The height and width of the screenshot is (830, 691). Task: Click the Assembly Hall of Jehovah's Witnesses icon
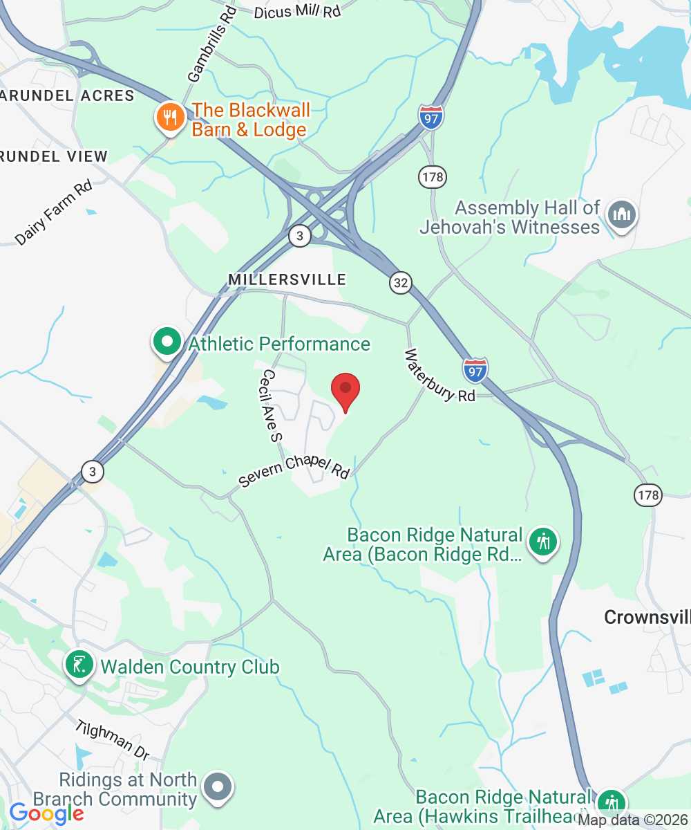[x=621, y=216]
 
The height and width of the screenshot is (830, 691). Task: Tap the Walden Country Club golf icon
[x=79, y=666]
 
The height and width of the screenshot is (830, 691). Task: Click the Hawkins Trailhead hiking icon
[x=610, y=803]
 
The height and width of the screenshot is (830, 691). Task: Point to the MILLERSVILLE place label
[x=287, y=279]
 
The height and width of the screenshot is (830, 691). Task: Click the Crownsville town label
[x=647, y=617]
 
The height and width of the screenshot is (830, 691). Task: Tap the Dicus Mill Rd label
[x=298, y=12]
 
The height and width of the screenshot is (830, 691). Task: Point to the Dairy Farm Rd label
[x=54, y=212]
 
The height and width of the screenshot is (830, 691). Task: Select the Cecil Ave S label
[x=269, y=405]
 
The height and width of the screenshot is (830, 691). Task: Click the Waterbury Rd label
[x=440, y=376]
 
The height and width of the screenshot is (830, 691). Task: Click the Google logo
[x=46, y=814]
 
